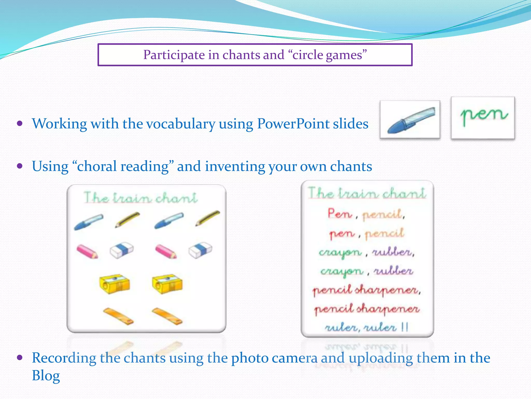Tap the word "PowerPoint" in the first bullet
tap(293, 124)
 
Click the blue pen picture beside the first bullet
tap(410, 120)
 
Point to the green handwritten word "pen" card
tap(483, 118)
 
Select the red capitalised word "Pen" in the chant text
tap(340, 214)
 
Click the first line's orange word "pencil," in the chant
tap(383, 215)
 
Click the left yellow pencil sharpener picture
tap(114, 284)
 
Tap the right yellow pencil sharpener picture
tap(167, 284)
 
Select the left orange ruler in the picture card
tap(118, 316)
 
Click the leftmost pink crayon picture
tap(87, 251)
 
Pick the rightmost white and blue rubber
tap(200, 250)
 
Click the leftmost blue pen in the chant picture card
tap(88, 222)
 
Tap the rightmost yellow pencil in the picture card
tap(208, 218)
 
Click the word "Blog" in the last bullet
tap(46, 376)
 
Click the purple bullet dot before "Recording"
tap(20, 358)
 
